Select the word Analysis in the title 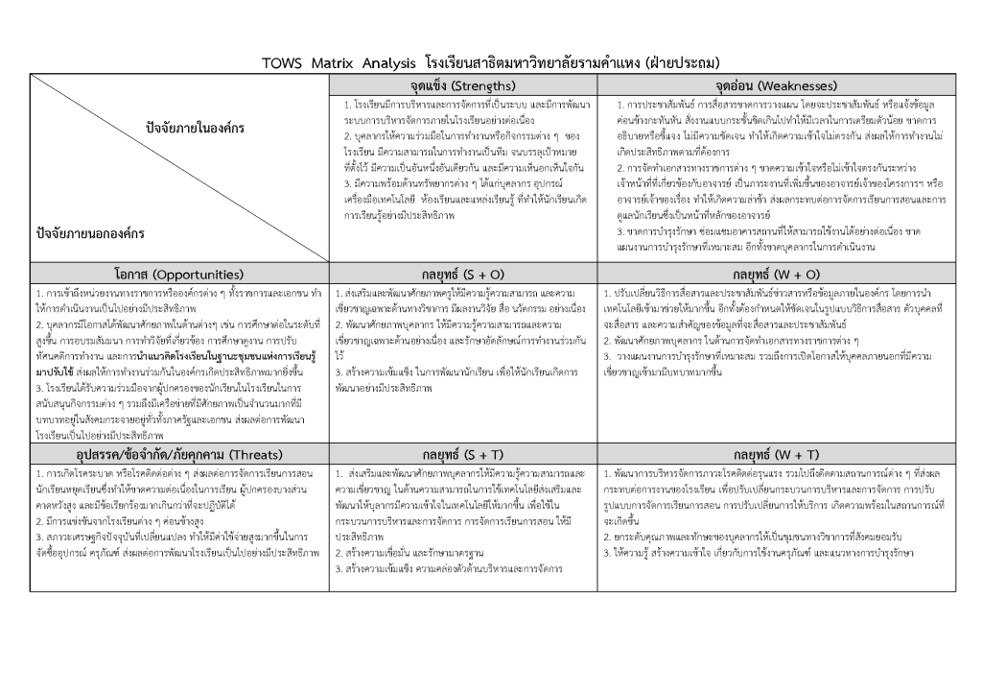point(387,63)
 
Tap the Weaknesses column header point(776,84)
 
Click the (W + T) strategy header point(776,454)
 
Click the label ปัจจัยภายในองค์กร point(195,128)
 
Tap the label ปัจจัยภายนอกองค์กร point(90,232)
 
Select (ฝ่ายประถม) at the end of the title point(682,63)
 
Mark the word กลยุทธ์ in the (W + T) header point(755,454)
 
